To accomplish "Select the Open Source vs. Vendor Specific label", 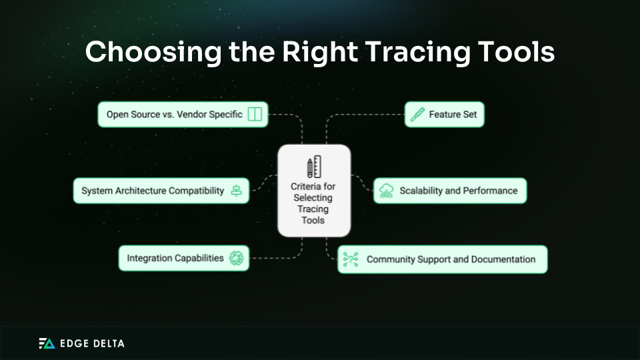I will [x=174, y=115].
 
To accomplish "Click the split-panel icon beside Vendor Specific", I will [x=255, y=115].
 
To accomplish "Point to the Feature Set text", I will [x=453, y=115].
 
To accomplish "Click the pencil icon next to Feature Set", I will [x=417, y=115].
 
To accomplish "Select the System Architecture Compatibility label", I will [x=153, y=191].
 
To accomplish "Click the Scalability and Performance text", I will [x=458, y=191].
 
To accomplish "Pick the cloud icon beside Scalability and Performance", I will [x=387, y=191].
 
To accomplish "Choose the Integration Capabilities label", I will [x=175, y=258].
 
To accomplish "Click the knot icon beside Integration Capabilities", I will [x=236, y=258].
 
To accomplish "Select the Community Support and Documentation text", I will [x=451, y=259].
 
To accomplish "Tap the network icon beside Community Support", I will [x=351, y=259].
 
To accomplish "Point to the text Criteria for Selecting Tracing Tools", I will [x=313, y=203].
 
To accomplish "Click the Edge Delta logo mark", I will [x=47, y=343].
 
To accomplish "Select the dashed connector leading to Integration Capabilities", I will [x=277, y=258].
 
